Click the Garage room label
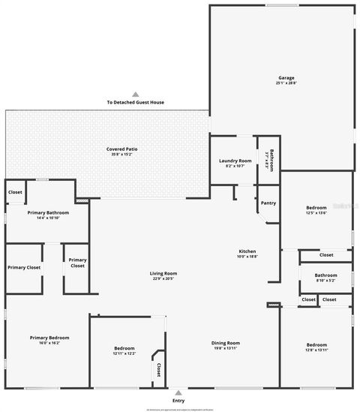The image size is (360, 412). coord(286,77)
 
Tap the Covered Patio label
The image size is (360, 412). coord(121,149)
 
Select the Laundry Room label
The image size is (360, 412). coord(235,161)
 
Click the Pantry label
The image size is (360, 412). coord(268,203)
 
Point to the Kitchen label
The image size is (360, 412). coord(247,251)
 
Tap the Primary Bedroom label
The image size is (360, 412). coord(44,338)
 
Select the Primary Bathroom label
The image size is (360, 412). coord(48,213)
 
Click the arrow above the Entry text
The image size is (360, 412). coord(178,392)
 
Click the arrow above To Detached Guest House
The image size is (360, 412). coord(136,95)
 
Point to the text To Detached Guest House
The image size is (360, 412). coord(136,103)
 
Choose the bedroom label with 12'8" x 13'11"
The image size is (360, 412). coord(316,345)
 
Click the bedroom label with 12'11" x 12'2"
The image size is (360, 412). coord(124,349)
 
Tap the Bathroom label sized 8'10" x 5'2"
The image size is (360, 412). coord(325,275)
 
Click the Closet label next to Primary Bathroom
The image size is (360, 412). coord(15,192)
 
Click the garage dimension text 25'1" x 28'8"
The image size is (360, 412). coord(286,83)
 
